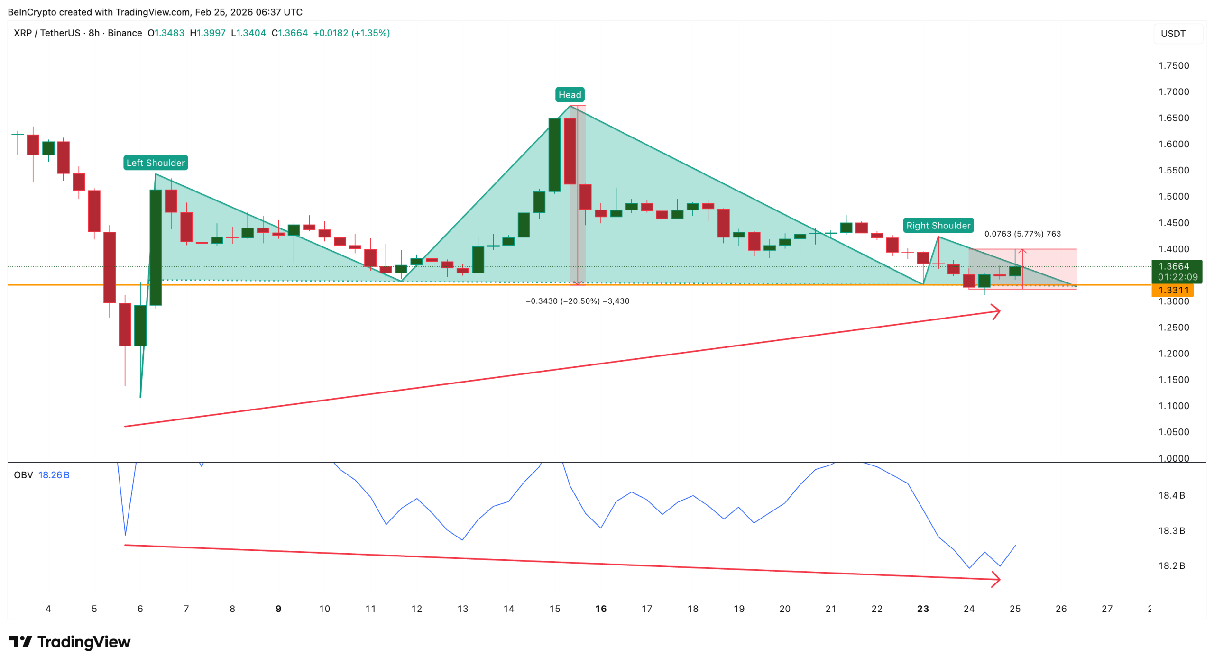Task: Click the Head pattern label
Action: pyautogui.click(x=569, y=95)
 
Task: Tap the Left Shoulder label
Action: pyautogui.click(x=156, y=163)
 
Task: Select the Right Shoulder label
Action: pyautogui.click(x=938, y=226)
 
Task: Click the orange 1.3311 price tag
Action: pyautogui.click(x=1172, y=290)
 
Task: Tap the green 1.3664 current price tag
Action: pyautogui.click(x=1176, y=271)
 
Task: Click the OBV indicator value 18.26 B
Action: pyautogui.click(x=54, y=475)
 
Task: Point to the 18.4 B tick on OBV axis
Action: pyautogui.click(x=1171, y=495)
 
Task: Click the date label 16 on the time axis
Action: pyautogui.click(x=600, y=609)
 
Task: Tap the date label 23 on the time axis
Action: pyautogui.click(x=922, y=609)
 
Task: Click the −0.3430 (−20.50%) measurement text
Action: pyautogui.click(x=577, y=301)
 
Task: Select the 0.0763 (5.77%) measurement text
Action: pyautogui.click(x=1022, y=234)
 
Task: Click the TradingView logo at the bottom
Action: pyautogui.click(x=70, y=642)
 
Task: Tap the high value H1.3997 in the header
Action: pyautogui.click(x=207, y=33)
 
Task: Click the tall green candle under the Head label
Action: pyautogui.click(x=554, y=155)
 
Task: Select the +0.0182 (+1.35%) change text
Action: pyautogui.click(x=351, y=33)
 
